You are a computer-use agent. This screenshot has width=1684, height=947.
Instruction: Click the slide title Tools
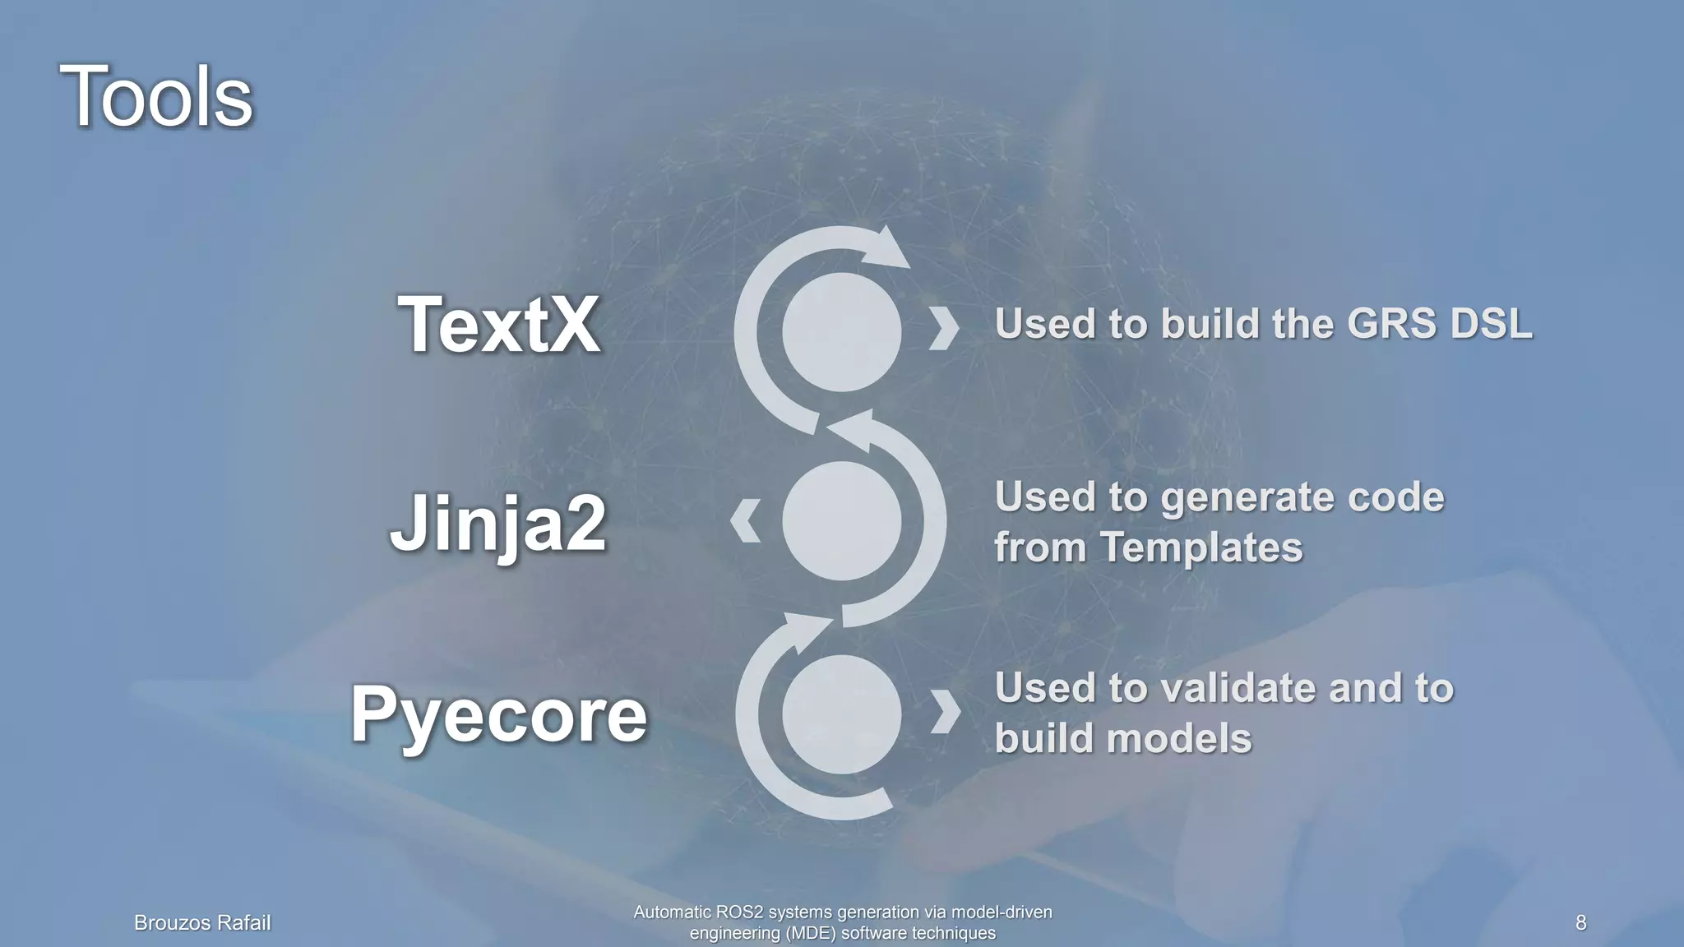point(156,97)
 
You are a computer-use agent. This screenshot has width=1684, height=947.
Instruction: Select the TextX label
point(499,325)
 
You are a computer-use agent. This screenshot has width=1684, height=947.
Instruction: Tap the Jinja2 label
point(498,524)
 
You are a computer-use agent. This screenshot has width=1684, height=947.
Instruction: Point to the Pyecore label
point(499,714)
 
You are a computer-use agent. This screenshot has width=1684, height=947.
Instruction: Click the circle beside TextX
point(841,332)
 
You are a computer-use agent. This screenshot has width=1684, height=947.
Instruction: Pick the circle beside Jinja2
point(841,520)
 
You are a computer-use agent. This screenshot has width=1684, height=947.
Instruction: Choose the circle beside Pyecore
point(841,714)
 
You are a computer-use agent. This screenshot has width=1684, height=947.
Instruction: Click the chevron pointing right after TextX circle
point(944,330)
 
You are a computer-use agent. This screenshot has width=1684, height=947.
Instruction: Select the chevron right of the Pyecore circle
point(946,711)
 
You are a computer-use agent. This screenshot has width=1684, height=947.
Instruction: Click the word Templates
point(1201,547)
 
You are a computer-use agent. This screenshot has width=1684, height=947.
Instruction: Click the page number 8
point(1580,922)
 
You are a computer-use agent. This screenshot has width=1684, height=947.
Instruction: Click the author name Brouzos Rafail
point(202,923)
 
